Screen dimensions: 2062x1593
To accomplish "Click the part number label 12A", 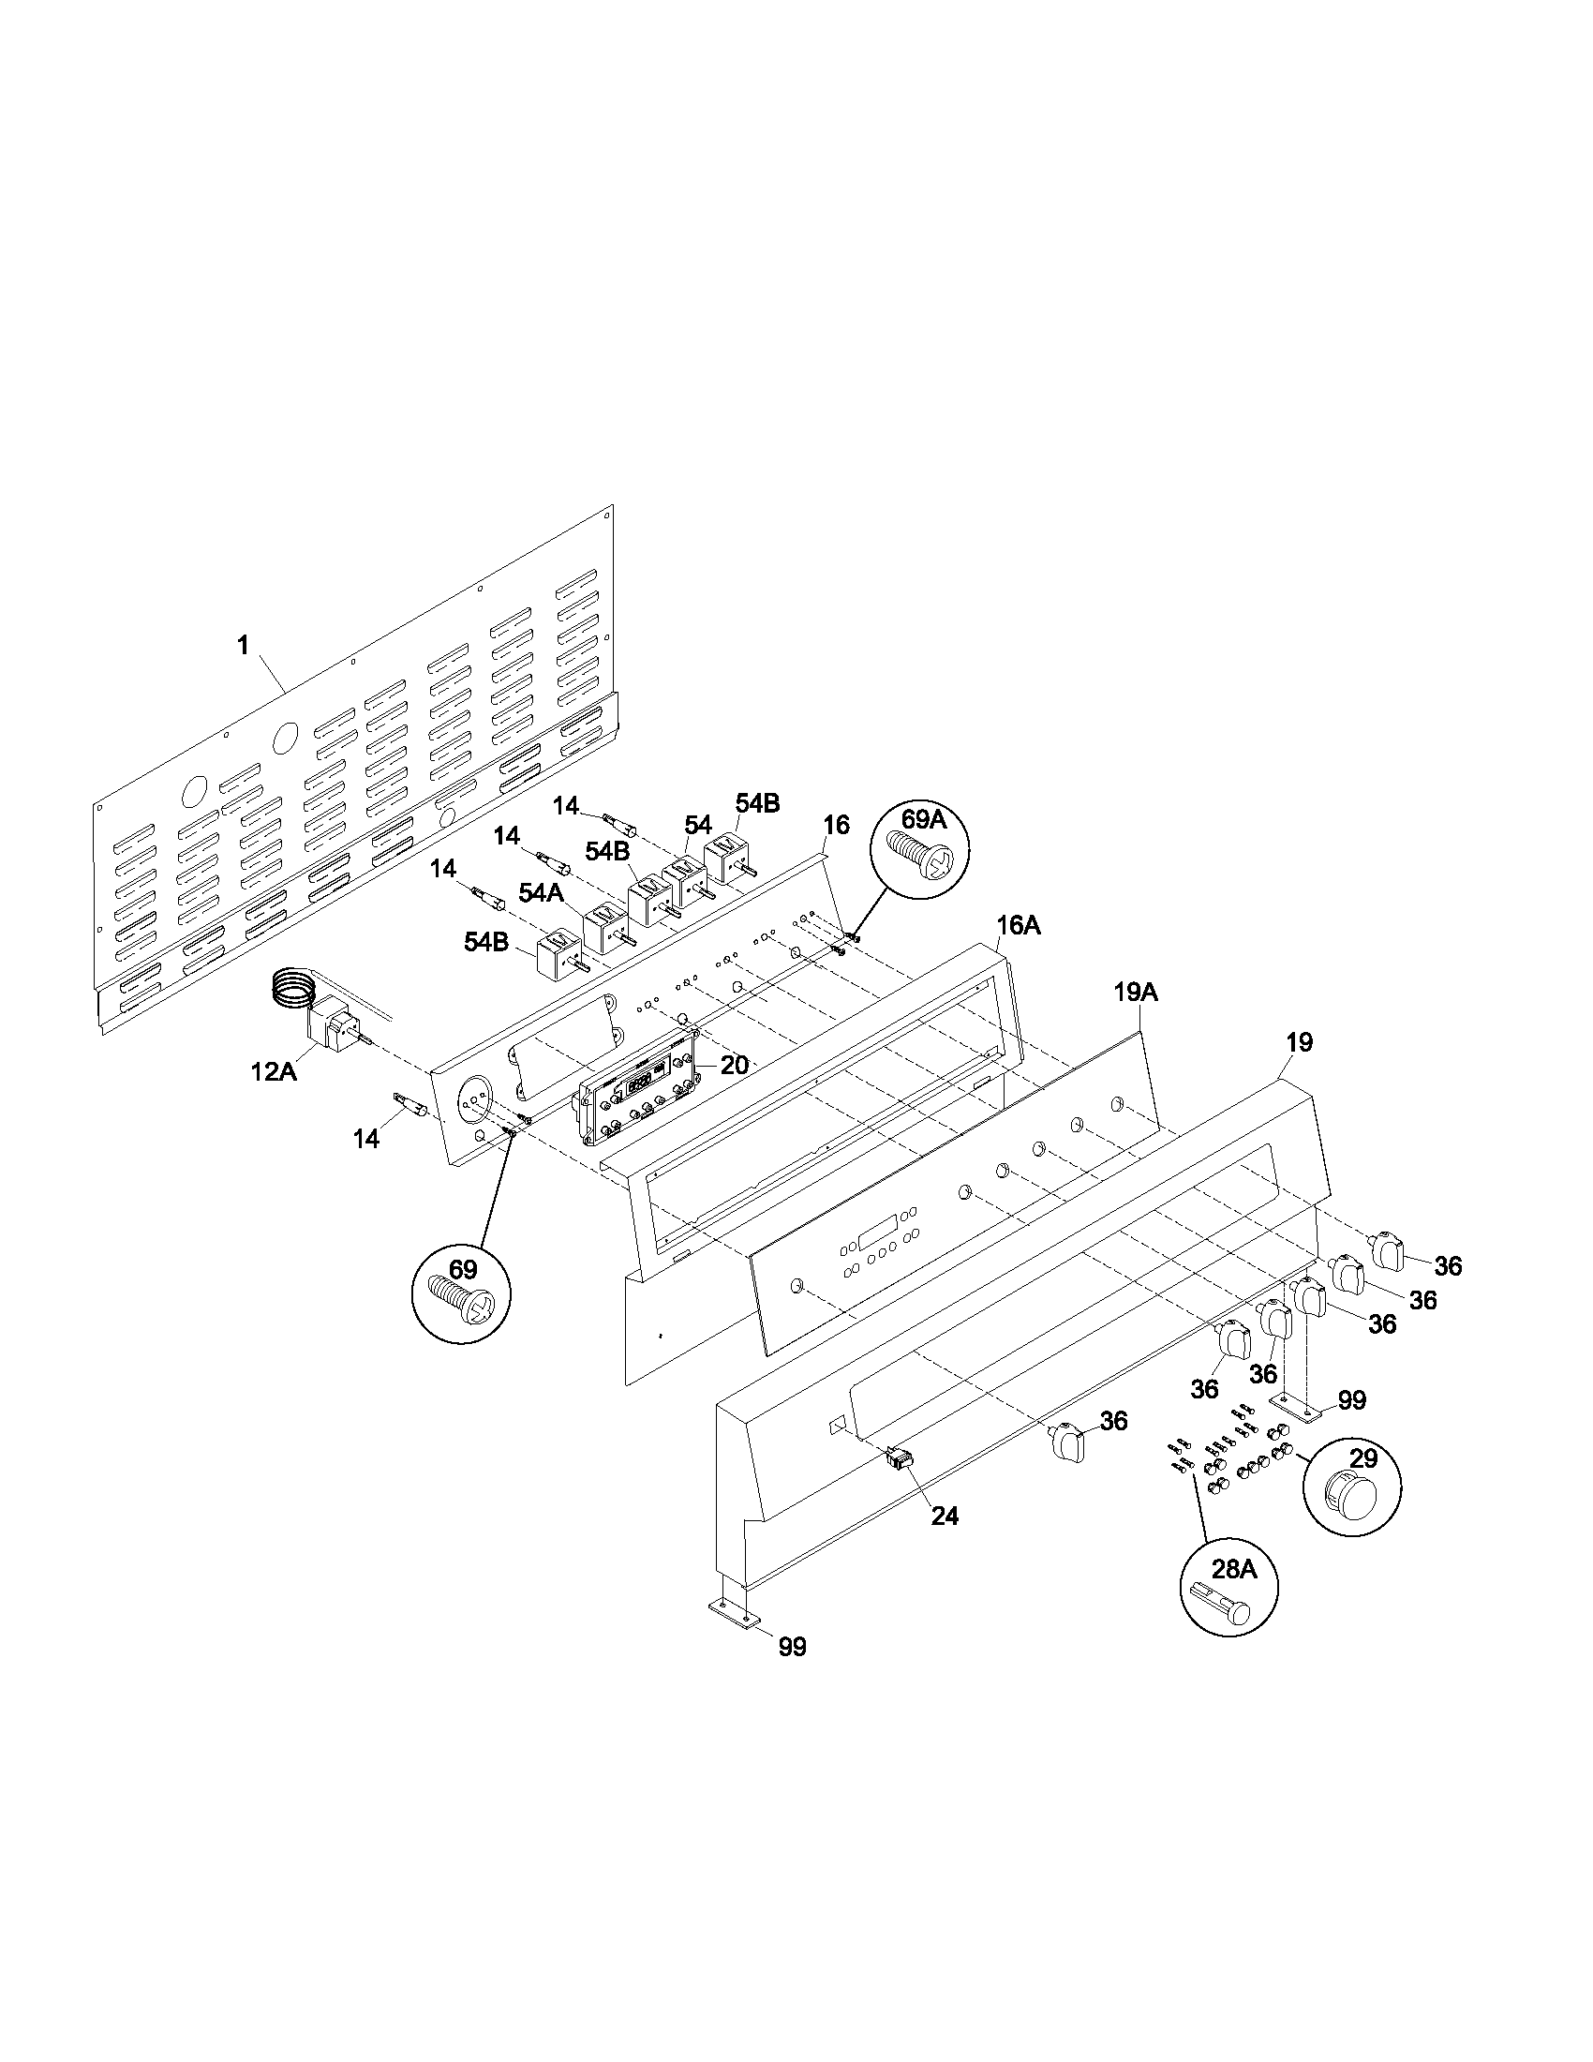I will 273,1070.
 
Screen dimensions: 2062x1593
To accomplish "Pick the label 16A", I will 1019,925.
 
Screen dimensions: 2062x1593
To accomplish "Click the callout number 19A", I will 1136,993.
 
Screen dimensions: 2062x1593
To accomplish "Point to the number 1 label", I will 244,645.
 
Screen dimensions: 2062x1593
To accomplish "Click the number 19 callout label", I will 1299,1042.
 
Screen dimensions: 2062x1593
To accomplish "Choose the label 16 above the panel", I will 835,824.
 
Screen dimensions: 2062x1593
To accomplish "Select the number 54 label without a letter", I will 697,824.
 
